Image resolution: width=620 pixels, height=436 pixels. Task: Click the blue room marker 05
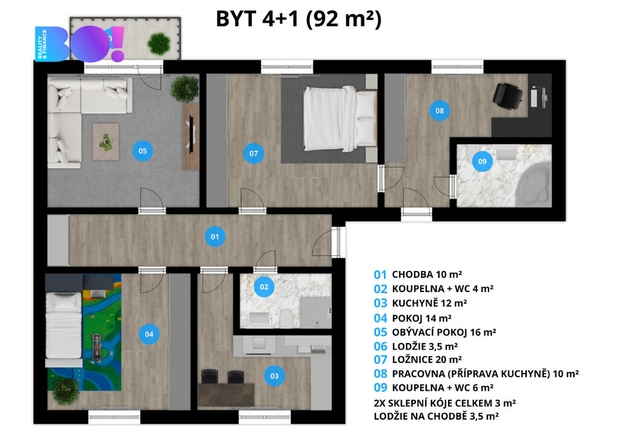pos(143,151)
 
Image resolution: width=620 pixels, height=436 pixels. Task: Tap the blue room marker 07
pos(254,153)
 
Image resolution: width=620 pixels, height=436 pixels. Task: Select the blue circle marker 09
pos(482,161)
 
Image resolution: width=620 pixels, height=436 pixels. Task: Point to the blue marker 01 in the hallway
pos(215,236)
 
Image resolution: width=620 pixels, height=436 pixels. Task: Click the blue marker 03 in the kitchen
pos(274,376)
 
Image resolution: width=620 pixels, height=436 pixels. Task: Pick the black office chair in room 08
pos(508,95)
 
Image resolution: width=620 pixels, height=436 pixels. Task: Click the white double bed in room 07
pos(340,119)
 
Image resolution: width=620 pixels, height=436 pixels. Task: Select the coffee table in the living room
pos(105,142)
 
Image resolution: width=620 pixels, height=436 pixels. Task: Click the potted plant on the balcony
pos(159,43)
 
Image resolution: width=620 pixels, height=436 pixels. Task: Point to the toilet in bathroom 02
pos(286,318)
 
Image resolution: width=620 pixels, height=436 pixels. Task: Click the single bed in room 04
pos(64,328)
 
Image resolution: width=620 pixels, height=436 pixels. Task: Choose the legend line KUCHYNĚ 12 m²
pos(421,303)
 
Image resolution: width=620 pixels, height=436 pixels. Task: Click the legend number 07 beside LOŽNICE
pos(380,359)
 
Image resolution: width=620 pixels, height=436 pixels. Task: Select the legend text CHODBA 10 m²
pos(418,274)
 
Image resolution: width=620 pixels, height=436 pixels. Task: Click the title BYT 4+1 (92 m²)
pos(298,19)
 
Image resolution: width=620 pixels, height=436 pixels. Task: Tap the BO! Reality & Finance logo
pos(80,44)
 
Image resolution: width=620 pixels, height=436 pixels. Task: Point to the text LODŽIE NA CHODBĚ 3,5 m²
pos(436,416)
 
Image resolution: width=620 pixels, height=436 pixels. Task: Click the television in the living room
pos(191,134)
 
